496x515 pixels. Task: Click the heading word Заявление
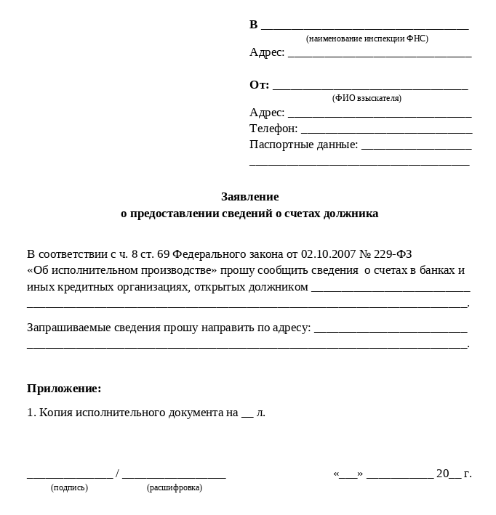(x=249, y=197)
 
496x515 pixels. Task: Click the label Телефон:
(x=273, y=129)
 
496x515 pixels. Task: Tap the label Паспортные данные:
(x=303, y=145)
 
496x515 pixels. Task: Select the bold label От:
(x=259, y=85)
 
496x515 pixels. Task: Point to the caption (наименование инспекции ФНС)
(x=367, y=38)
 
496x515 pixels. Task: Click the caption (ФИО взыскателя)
(x=367, y=98)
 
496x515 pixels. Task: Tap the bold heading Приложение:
(x=64, y=389)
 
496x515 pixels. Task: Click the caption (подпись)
(x=69, y=488)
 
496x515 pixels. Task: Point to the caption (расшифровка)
(x=175, y=488)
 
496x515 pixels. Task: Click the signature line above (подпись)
(x=70, y=477)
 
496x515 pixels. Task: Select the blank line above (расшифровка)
(x=174, y=477)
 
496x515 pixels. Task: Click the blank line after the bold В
(x=364, y=27)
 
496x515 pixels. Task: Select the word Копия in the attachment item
(x=55, y=413)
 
